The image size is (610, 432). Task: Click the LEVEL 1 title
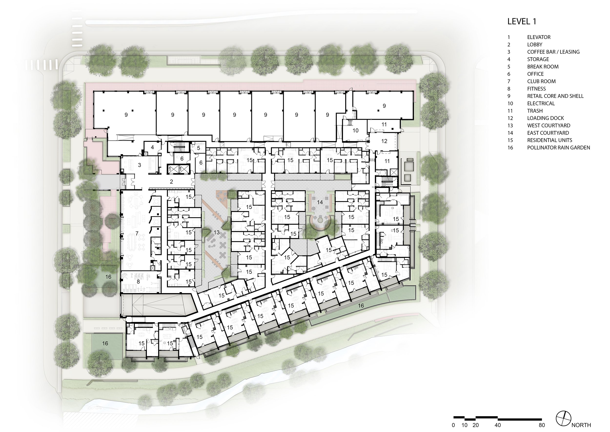(x=522, y=21)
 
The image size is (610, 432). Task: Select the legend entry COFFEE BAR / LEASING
(x=553, y=52)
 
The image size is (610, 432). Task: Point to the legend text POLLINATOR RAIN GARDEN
(x=558, y=148)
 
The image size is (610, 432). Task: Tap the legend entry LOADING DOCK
(x=545, y=118)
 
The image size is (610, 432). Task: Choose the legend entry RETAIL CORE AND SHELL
(x=555, y=96)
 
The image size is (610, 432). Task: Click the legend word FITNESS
(x=536, y=89)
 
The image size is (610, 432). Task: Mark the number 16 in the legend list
(x=510, y=148)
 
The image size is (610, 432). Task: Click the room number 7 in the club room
(x=137, y=234)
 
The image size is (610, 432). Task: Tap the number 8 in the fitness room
(x=138, y=281)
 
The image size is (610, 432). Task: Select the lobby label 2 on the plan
(x=172, y=182)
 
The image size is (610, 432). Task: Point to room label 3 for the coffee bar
(x=139, y=165)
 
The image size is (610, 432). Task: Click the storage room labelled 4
(x=152, y=147)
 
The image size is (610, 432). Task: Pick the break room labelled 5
(x=199, y=148)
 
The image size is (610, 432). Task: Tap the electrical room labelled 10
(x=356, y=131)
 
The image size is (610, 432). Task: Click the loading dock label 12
(x=384, y=141)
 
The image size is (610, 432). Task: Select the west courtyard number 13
(x=216, y=233)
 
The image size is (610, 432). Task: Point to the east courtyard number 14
(x=320, y=202)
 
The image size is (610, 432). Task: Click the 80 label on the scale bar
(x=542, y=425)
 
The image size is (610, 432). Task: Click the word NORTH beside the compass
(x=581, y=425)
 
